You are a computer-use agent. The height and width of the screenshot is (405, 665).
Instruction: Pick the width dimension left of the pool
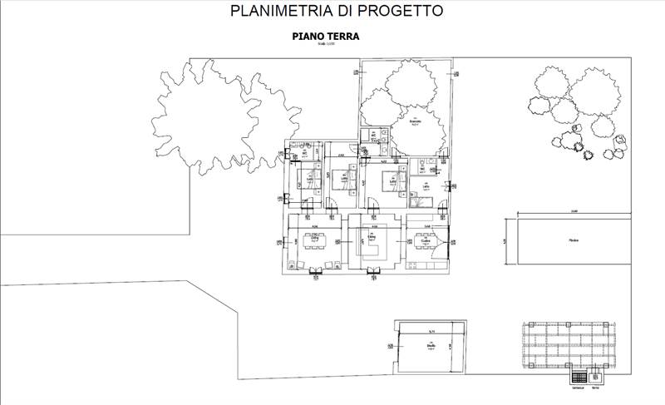[x=503, y=241]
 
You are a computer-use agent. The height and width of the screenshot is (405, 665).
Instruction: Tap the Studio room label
[x=431, y=349]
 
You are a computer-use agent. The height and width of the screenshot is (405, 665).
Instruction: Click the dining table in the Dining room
[x=315, y=241]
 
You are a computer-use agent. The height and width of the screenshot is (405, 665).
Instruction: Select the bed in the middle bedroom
[x=344, y=177]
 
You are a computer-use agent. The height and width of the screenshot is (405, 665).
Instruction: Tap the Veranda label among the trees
[x=415, y=121]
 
